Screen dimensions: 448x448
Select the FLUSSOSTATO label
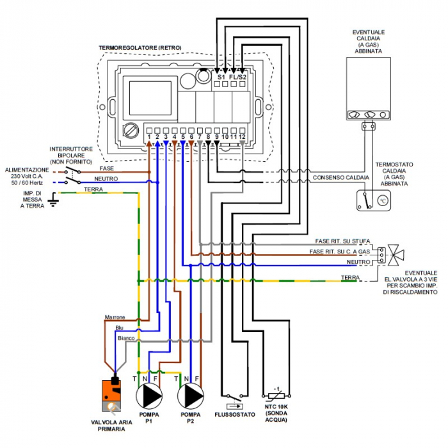[235, 415]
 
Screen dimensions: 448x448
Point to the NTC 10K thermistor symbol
[277, 396]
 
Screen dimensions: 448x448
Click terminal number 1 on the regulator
[148, 136]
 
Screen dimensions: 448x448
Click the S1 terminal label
[221, 77]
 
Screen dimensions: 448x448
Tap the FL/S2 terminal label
[238, 77]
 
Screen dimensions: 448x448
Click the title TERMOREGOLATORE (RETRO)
[140, 48]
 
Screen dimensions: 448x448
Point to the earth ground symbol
[54, 202]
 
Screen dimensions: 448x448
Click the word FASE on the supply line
[107, 168]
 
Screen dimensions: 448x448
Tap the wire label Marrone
[115, 317]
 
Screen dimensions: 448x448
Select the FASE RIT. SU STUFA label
[342, 241]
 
